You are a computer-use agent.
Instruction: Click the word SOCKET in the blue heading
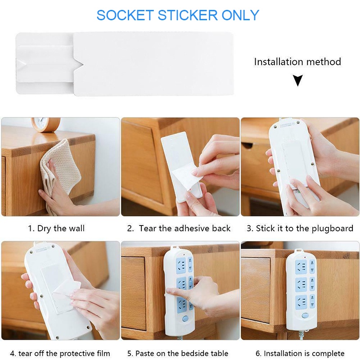pyautogui.click(x=125, y=15)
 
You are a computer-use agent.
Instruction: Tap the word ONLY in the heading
pyautogui.click(x=240, y=15)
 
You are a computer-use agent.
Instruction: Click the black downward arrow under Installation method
pyautogui.click(x=298, y=80)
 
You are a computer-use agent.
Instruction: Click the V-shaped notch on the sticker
pyautogui.click(x=78, y=64)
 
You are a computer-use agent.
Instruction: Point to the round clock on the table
pyautogui.click(x=46, y=124)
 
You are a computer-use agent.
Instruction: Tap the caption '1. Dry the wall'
pyautogui.click(x=57, y=229)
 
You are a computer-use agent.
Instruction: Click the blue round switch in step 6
pyautogui.click(x=305, y=315)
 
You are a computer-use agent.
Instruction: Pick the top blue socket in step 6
pyautogui.click(x=301, y=266)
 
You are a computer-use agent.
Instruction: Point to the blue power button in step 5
pyautogui.click(x=185, y=319)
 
